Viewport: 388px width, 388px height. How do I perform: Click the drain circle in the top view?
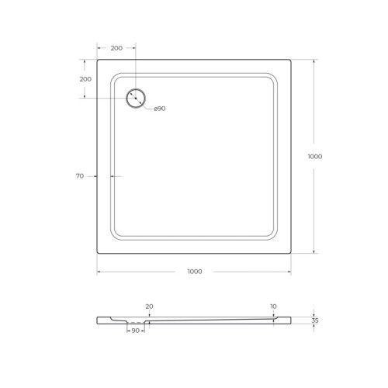(x=136, y=98)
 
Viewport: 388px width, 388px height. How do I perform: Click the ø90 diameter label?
(x=159, y=108)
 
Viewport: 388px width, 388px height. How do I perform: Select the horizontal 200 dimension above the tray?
(x=116, y=48)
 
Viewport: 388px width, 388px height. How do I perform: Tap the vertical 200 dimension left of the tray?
(x=85, y=78)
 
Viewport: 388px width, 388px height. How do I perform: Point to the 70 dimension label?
(x=79, y=177)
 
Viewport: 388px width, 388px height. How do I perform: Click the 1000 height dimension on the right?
(x=314, y=156)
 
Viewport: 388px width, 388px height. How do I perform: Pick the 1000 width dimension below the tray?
(x=194, y=271)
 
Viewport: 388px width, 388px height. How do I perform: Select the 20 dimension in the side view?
(x=148, y=307)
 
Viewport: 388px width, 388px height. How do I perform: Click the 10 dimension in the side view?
(x=273, y=307)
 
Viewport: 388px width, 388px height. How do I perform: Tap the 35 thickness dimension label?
(x=314, y=320)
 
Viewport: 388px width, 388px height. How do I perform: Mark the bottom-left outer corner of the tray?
(x=97, y=252)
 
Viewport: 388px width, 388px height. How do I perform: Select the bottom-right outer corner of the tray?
(x=291, y=252)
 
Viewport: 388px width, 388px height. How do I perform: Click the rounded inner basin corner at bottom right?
(x=272, y=234)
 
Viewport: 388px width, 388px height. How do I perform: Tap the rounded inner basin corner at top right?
(x=272, y=78)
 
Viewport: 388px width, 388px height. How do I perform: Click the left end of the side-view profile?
(x=98, y=320)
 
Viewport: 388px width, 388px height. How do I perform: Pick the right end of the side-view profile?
(x=290, y=320)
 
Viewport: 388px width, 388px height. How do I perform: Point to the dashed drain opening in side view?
(x=137, y=322)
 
